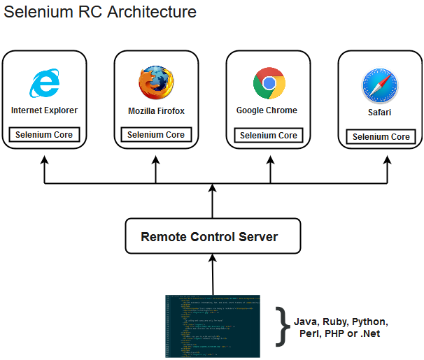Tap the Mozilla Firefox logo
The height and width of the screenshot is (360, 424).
click(156, 83)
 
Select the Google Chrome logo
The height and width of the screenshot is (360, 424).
click(269, 83)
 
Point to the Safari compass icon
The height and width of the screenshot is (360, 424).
click(380, 87)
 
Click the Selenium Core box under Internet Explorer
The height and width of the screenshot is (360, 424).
click(45, 135)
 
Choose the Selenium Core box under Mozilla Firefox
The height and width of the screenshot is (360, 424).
click(156, 135)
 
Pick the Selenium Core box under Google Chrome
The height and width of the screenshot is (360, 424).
click(269, 136)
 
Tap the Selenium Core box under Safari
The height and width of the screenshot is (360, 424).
click(381, 137)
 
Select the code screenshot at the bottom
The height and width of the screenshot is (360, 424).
click(212, 326)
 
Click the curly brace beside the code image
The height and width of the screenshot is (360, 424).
click(281, 326)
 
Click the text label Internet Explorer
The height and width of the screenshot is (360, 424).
click(45, 110)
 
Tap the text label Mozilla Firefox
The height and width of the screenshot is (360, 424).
click(156, 111)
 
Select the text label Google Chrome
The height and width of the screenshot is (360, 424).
click(267, 110)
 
